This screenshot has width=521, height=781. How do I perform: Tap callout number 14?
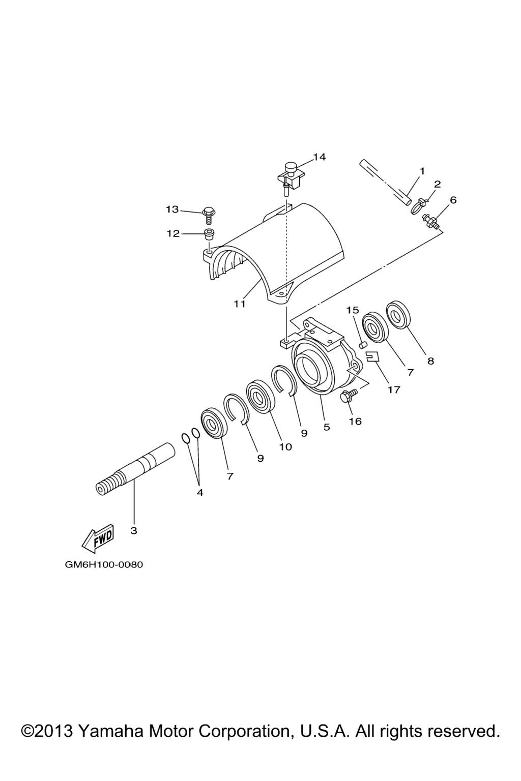pyautogui.click(x=319, y=157)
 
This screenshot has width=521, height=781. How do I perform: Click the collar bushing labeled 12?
pyautogui.click(x=210, y=234)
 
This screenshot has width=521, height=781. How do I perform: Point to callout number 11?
pyautogui.click(x=240, y=304)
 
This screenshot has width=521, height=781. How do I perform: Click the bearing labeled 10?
pyautogui.click(x=260, y=396)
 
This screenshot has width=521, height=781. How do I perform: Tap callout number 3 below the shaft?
pyautogui.click(x=134, y=531)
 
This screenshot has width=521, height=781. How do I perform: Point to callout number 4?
pyautogui.click(x=200, y=493)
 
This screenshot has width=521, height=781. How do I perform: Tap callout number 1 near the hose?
pyautogui.click(x=422, y=171)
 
